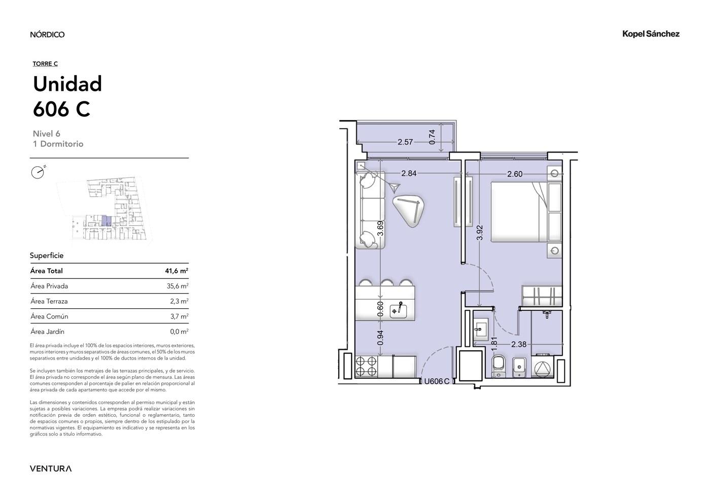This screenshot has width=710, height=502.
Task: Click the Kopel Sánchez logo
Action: tap(651, 34)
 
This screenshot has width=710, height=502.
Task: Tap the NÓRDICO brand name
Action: tap(47, 34)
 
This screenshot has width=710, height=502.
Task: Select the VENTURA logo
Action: tap(51, 469)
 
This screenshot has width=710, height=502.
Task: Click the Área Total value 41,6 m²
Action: tap(176, 271)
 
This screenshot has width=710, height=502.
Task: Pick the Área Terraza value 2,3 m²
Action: tap(179, 301)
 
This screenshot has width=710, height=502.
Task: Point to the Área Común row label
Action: tap(50, 316)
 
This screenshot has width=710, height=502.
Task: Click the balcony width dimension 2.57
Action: tap(405, 142)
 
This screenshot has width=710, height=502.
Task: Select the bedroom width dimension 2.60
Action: tap(515, 174)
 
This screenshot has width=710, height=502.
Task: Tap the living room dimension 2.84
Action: tap(409, 173)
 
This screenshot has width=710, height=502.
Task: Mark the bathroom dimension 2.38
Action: tap(519, 344)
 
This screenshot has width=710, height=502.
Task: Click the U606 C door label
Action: tap(437, 381)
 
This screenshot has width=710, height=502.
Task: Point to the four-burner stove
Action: tap(366, 366)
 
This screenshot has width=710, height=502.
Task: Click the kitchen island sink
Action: tap(399, 310)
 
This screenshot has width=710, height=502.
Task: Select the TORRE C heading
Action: tap(45, 64)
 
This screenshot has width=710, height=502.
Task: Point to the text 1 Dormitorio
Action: tap(58, 144)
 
